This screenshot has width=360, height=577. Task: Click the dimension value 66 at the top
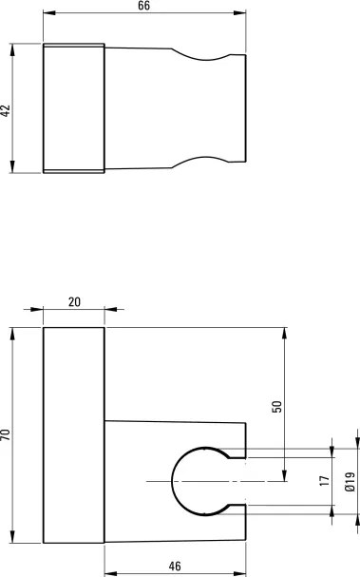(x=143, y=6)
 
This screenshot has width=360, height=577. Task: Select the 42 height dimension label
(x=6, y=111)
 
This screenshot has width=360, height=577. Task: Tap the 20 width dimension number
(x=74, y=301)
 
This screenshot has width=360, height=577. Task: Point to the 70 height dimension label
(x=6, y=434)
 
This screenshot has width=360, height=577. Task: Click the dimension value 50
(x=276, y=406)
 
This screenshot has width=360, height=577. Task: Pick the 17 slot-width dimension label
(x=325, y=481)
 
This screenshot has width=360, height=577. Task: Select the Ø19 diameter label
(x=350, y=482)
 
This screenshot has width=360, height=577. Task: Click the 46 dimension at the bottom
(x=175, y=566)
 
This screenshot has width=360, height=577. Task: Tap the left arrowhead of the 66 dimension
(x=49, y=13)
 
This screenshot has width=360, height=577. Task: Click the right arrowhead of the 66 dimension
(x=239, y=13)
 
